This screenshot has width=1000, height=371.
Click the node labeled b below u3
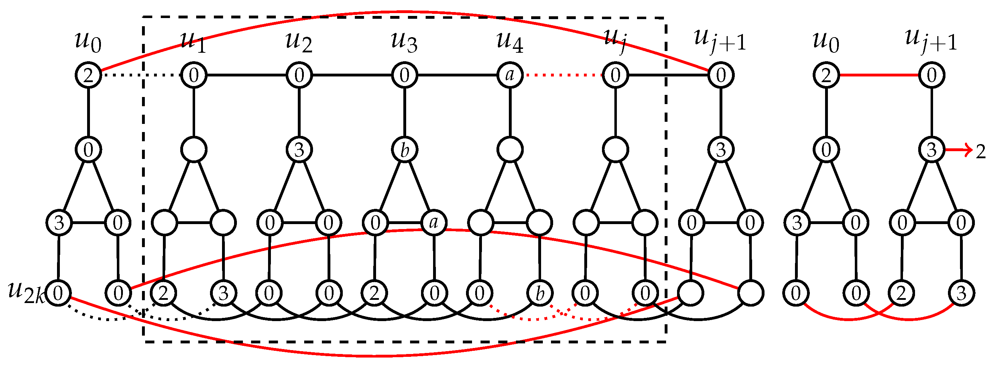(x=404, y=150)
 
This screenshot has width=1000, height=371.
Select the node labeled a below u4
(x=510, y=75)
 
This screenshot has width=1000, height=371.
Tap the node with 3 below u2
(x=299, y=150)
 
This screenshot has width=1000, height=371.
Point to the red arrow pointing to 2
(x=959, y=150)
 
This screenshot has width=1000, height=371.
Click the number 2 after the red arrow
(x=981, y=152)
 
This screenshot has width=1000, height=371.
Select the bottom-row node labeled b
(x=540, y=293)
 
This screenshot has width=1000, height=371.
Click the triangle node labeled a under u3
(x=434, y=223)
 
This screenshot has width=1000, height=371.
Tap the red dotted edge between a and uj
(x=562, y=75)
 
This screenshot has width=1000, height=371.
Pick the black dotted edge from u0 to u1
(x=141, y=75)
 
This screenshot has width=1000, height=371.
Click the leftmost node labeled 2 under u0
(x=88, y=75)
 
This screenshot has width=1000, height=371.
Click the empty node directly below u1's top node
(x=194, y=150)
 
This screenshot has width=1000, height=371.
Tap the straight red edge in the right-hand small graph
(x=879, y=75)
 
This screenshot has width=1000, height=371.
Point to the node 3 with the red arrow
(x=931, y=150)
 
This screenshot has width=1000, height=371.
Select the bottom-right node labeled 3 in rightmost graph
(x=961, y=293)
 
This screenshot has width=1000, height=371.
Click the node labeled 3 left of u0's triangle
(x=59, y=223)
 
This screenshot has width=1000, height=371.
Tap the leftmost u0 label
(x=88, y=42)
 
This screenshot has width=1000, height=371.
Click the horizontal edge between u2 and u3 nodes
(x=352, y=75)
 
